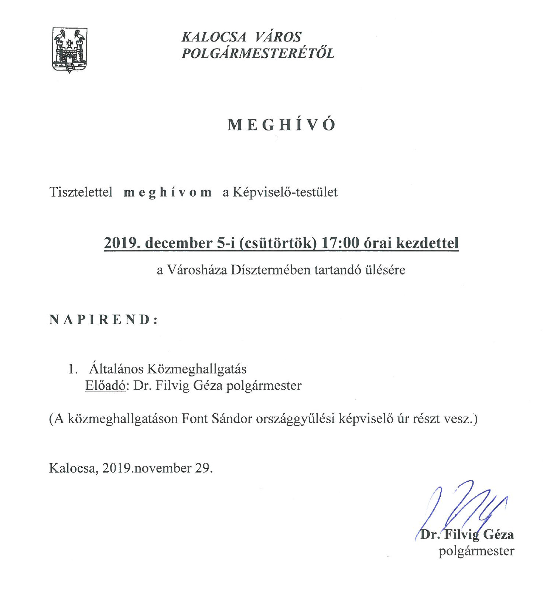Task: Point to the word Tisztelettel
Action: [81, 192]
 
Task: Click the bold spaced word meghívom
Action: [167, 193]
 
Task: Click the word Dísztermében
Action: [271, 270]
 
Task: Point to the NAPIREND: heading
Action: [103, 320]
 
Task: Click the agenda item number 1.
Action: [73, 369]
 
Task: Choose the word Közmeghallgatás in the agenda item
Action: [197, 369]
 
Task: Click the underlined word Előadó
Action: [105, 386]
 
